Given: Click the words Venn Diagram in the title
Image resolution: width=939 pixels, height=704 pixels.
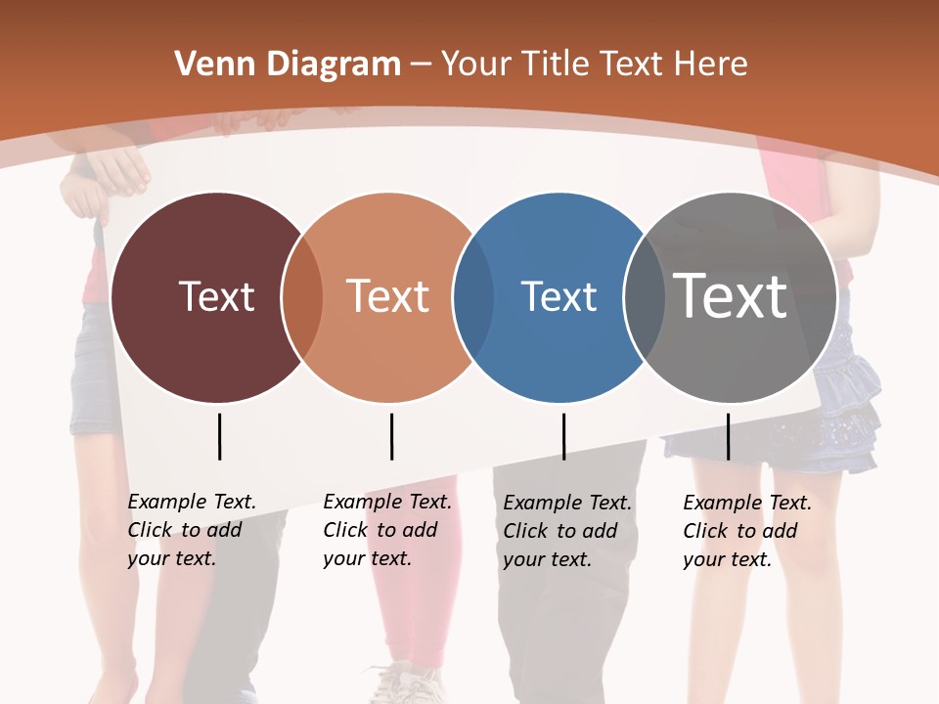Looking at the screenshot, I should (x=288, y=65).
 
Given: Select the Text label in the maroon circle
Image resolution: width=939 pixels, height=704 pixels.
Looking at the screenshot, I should (x=216, y=296).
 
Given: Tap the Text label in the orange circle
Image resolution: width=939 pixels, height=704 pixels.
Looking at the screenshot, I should (x=387, y=296).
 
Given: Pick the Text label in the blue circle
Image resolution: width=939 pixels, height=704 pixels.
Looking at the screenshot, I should (x=559, y=296).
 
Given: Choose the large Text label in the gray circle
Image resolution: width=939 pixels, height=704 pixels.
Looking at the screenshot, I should (x=731, y=296).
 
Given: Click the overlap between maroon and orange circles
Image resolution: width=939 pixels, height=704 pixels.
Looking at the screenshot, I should (x=302, y=297).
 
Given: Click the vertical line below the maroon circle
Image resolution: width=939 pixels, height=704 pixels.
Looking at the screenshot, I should (x=219, y=436).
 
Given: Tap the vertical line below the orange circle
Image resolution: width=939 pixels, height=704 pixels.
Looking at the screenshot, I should (x=391, y=436).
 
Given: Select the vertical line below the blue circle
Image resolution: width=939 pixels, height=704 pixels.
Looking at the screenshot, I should (x=563, y=436).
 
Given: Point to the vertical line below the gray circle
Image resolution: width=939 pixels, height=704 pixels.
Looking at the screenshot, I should (x=728, y=436).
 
